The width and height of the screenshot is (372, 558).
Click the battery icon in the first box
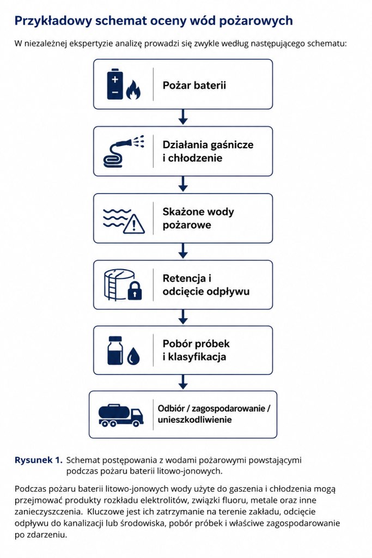(x=115, y=84)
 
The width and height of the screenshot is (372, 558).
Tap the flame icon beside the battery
(x=133, y=89)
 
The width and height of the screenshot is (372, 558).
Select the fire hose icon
(x=124, y=151)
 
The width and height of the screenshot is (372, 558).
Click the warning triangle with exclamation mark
(x=134, y=223)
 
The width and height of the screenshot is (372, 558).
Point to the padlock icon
(x=135, y=290)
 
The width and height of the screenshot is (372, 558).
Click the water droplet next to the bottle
(x=133, y=356)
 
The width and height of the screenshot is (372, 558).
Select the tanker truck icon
(x=120, y=415)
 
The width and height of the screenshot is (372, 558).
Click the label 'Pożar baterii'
(x=194, y=86)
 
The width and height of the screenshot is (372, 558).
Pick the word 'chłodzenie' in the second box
(x=195, y=158)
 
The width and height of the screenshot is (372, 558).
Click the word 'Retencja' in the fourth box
(x=184, y=278)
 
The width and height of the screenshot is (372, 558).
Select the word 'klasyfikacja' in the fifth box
(x=197, y=356)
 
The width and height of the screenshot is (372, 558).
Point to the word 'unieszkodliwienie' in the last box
(x=194, y=420)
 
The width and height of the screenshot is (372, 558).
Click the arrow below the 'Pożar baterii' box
(x=183, y=117)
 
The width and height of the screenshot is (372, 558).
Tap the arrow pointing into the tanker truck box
(x=183, y=382)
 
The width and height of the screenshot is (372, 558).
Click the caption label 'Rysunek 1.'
(x=39, y=460)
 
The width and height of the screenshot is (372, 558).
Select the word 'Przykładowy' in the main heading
(x=53, y=21)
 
